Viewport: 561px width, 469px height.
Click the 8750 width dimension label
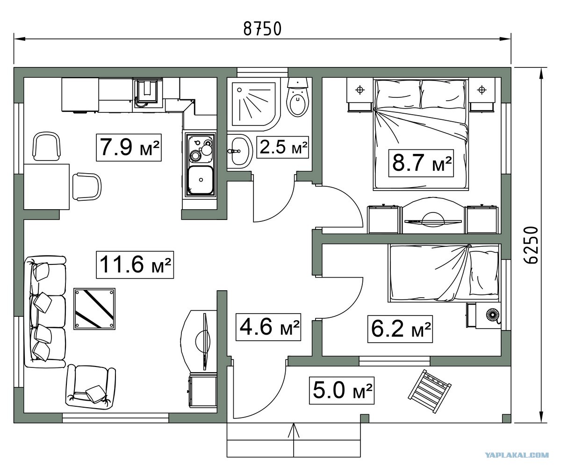[262, 29]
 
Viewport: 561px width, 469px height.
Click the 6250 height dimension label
[531, 245]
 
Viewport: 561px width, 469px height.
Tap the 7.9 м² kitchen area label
[129, 147]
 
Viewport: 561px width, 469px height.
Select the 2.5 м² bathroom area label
[283, 147]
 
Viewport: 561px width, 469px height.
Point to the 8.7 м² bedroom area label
[421, 163]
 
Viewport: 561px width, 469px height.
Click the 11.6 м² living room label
[135, 265]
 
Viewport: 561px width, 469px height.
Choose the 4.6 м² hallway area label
[268, 327]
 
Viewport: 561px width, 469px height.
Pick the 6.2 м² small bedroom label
[400, 329]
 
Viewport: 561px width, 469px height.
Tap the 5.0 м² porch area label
[342, 390]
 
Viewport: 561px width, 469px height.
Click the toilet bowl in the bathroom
[297, 98]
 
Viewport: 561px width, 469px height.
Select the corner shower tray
[254, 104]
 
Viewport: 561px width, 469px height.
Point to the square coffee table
[94, 309]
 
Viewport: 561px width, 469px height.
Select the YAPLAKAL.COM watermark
[517, 455]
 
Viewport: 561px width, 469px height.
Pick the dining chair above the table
[46, 146]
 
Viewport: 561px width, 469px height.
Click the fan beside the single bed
[493, 314]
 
